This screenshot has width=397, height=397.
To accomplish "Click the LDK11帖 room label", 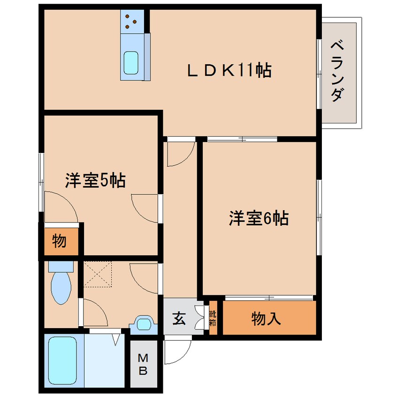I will coord(230,71).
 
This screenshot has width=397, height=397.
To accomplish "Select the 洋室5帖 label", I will coord(95,181).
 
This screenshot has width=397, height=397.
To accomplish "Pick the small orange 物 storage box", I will coord(59,242).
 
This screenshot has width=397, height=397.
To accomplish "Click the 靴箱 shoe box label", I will coord(213,319).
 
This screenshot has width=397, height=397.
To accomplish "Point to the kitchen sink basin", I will coord(131,62).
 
